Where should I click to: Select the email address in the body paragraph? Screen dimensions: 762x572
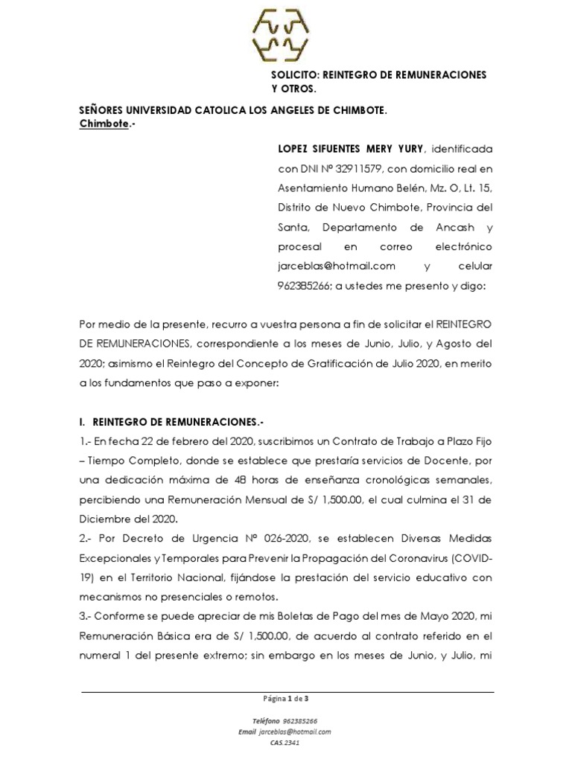click(x=331, y=266)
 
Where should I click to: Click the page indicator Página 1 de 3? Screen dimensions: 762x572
click(x=286, y=699)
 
